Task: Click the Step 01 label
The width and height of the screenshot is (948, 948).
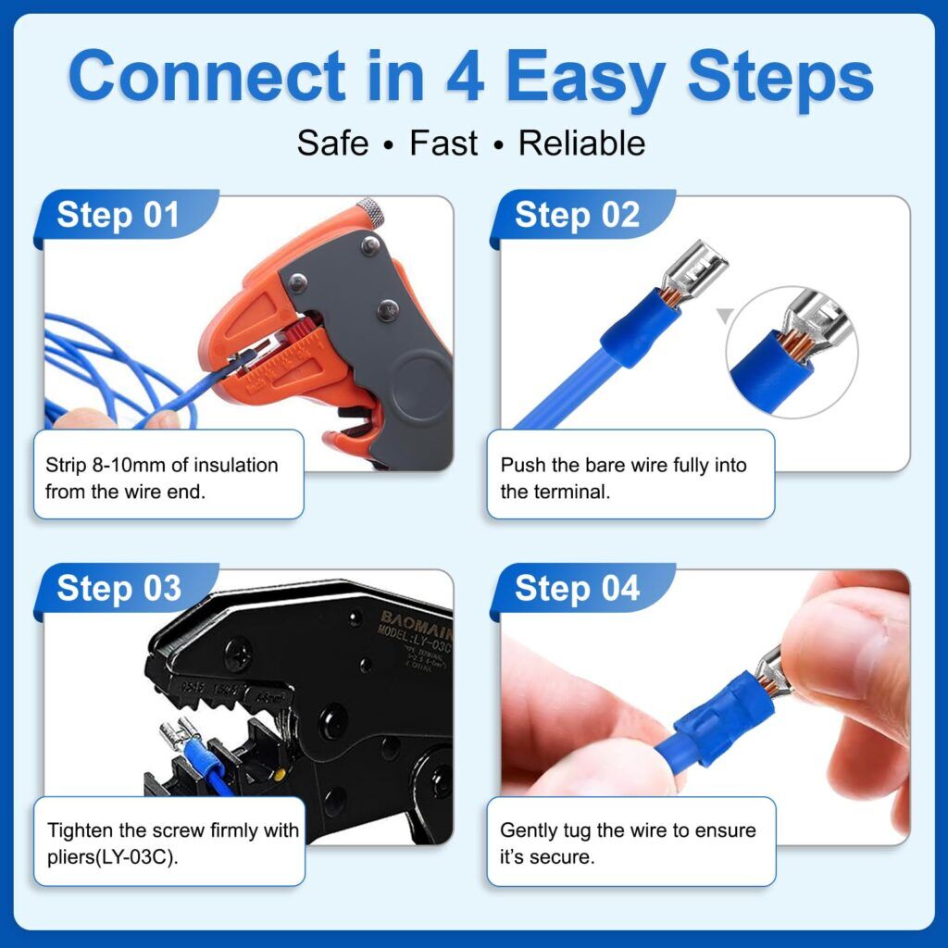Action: point(118,216)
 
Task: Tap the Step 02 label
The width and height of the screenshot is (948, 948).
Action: point(577,216)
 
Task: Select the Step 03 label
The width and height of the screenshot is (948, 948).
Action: point(118,589)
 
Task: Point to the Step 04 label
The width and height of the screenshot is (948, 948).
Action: point(577,589)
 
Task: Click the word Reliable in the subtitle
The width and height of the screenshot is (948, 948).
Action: point(581,143)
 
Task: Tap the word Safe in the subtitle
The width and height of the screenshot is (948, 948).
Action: point(332,143)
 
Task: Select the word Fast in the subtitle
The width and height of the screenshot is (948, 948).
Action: point(443,143)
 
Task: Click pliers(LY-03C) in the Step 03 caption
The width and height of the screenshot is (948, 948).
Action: point(112,856)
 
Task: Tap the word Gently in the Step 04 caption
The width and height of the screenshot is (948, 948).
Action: point(530,830)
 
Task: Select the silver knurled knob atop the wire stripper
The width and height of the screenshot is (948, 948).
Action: point(369,208)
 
